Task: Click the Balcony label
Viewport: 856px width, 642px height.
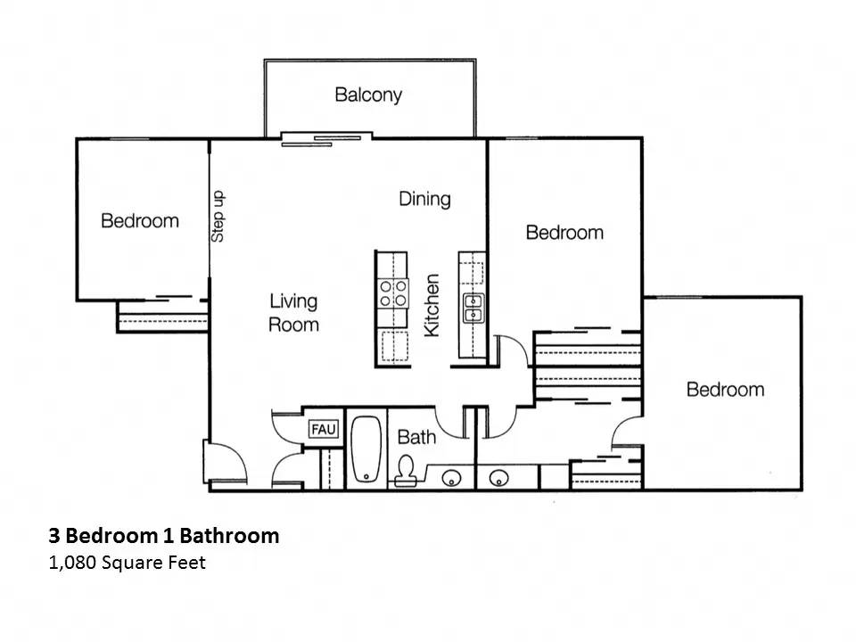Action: click(368, 95)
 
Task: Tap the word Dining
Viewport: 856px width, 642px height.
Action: click(424, 198)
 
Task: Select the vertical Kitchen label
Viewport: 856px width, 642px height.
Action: click(432, 305)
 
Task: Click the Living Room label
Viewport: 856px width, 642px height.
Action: click(293, 313)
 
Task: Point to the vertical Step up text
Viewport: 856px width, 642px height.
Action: click(218, 217)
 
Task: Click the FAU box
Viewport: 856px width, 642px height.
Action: click(323, 430)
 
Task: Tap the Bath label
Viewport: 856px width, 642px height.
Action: click(416, 437)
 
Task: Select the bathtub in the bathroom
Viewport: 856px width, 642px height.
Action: click(366, 451)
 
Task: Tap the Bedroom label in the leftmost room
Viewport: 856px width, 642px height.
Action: click(139, 220)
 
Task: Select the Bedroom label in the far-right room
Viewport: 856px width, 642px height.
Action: click(724, 390)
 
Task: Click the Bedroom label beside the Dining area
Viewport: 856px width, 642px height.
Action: click(564, 233)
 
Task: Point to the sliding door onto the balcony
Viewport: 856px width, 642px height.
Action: click(321, 137)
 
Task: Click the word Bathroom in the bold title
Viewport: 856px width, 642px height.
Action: click(229, 536)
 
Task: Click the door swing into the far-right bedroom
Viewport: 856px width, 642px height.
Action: click(627, 433)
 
